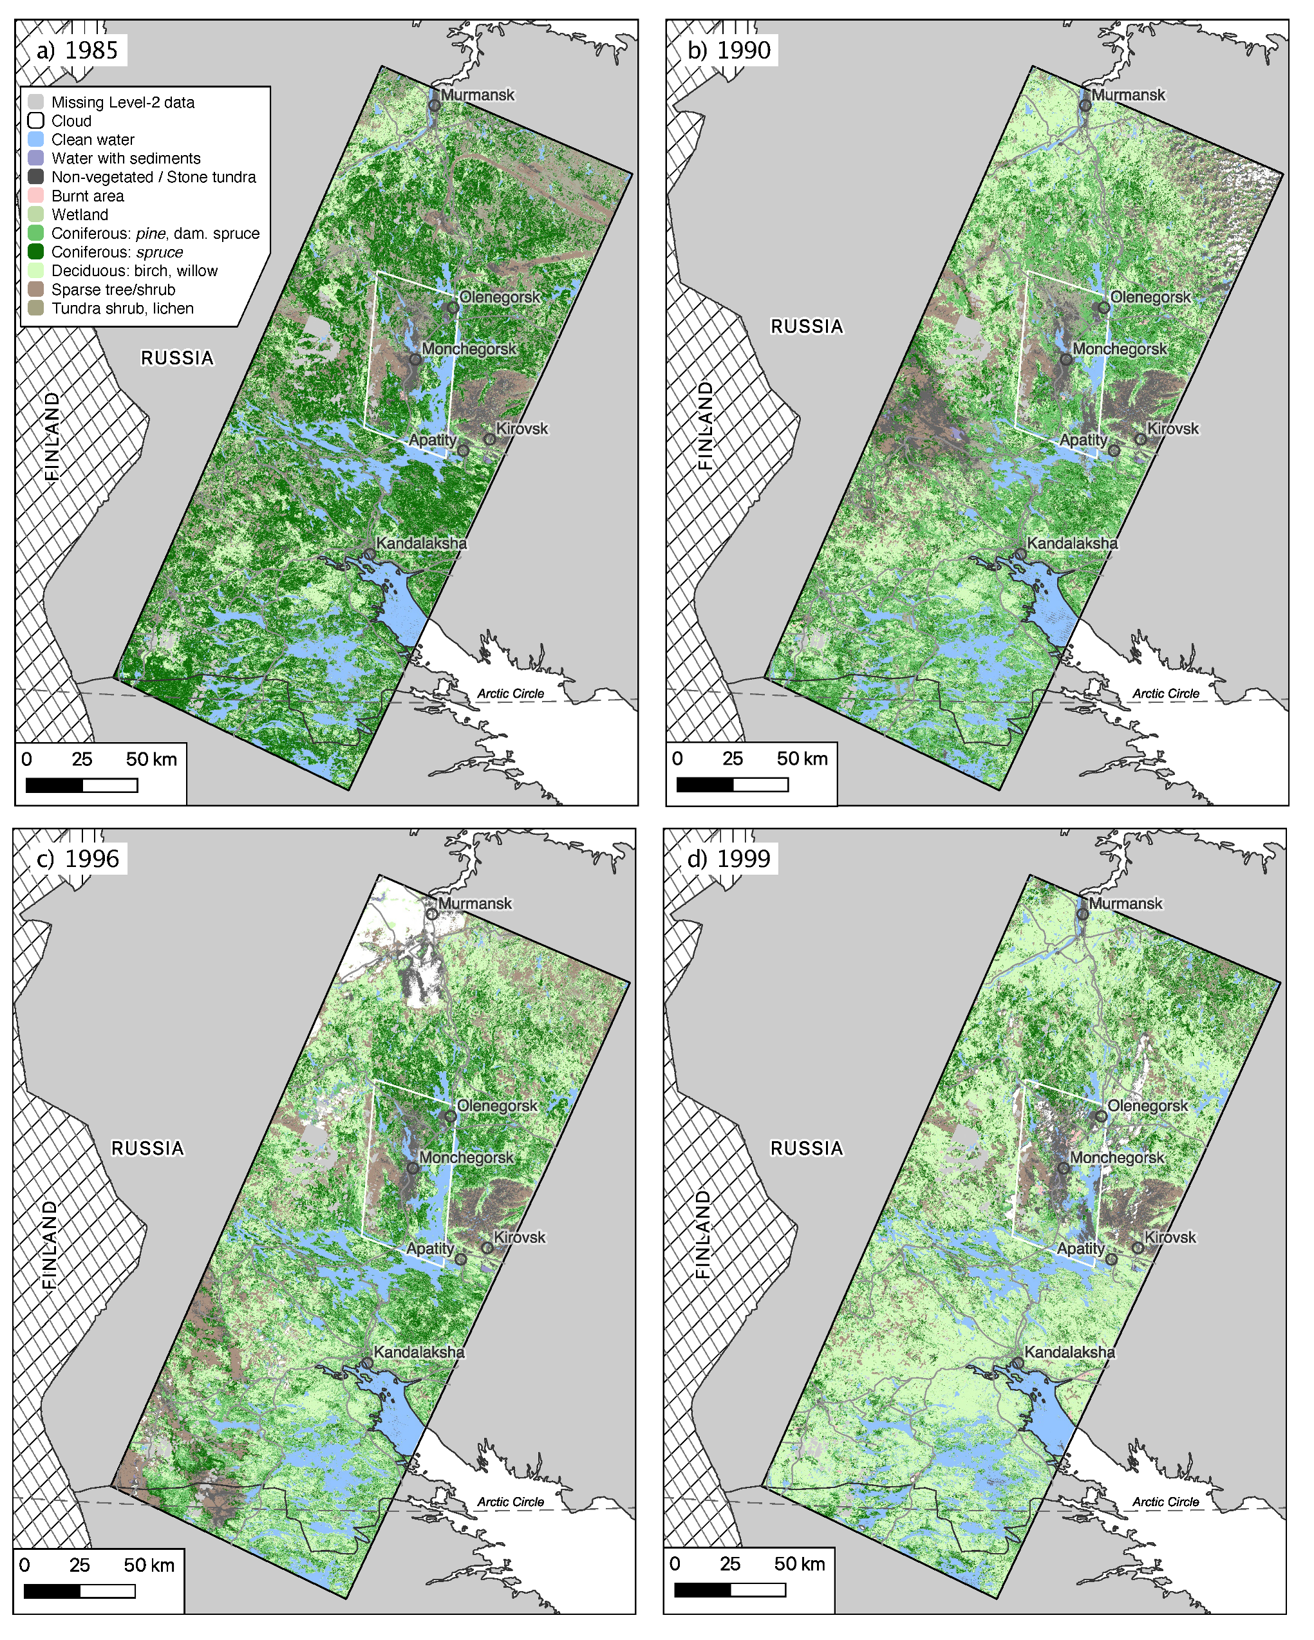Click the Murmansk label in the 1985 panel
coord(477,95)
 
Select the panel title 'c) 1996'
coord(79,859)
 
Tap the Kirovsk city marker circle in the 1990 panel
coord(1140,439)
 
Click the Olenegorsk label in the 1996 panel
coord(497,1106)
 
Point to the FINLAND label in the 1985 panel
coord(52,436)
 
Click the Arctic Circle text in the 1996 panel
coord(511,1502)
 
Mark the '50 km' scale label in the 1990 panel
coord(802,758)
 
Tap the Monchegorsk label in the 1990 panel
coord(1119,349)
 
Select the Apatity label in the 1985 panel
coord(432,440)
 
